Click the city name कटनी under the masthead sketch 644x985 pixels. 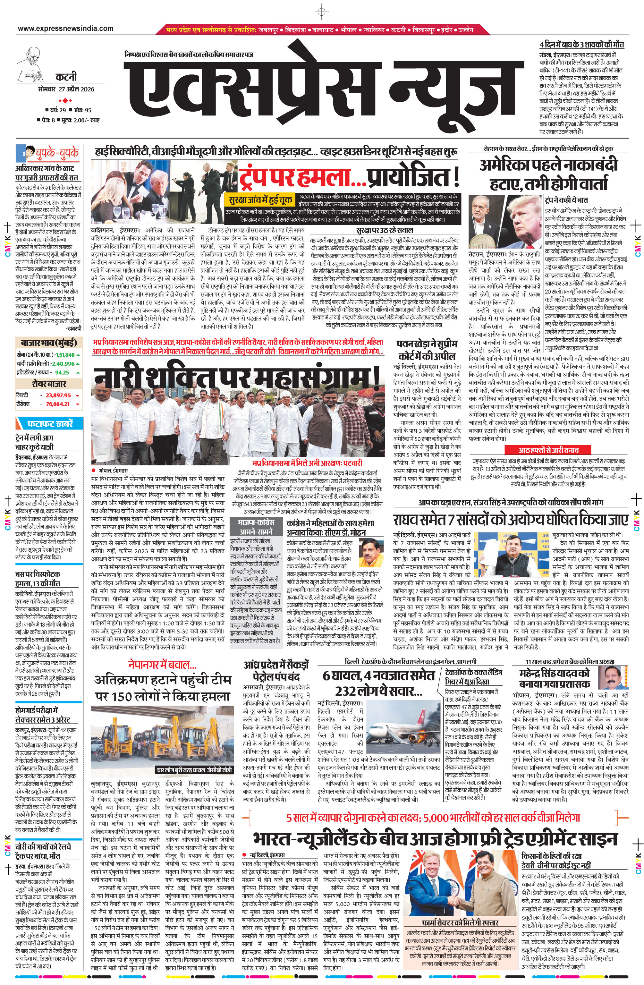click(x=66, y=77)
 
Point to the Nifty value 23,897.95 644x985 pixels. click(x=58, y=395)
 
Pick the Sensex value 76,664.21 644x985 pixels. click(x=58, y=404)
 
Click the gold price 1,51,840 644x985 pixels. click(x=65, y=355)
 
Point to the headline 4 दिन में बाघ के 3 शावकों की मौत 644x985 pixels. click(x=581, y=45)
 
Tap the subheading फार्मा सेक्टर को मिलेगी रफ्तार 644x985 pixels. click(x=460, y=923)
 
